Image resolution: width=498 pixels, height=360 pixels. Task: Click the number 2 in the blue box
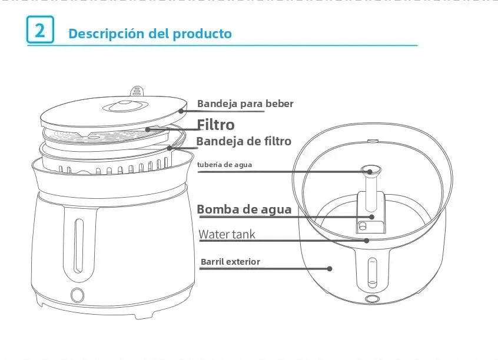pos(40,30)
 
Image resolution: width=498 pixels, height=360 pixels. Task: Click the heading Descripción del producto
pos(150,34)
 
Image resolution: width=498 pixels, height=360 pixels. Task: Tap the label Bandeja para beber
pos(245,104)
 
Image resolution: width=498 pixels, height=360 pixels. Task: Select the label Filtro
pos(215,125)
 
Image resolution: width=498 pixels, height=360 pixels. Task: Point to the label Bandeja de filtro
pos(243,141)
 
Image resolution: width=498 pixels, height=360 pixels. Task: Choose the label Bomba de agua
pos(244,209)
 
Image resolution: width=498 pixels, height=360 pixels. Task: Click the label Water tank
pos(227,235)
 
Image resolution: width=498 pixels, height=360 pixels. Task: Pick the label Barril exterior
pos(230,262)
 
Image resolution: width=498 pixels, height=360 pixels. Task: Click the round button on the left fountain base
pos(77,295)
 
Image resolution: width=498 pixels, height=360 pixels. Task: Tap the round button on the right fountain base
pos(371,299)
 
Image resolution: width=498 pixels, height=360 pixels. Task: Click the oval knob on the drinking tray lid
pos(121,106)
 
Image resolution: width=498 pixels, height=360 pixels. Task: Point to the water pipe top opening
pos(371,171)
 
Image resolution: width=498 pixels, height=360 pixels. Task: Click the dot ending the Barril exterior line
pos(330,268)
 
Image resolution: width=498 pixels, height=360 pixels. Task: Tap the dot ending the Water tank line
pos(366,240)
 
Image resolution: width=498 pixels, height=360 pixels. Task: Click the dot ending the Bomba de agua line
pos(371,216)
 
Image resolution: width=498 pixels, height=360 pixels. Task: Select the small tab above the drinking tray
pos(136,90)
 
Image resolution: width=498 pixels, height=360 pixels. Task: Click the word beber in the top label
pos(279,104)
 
